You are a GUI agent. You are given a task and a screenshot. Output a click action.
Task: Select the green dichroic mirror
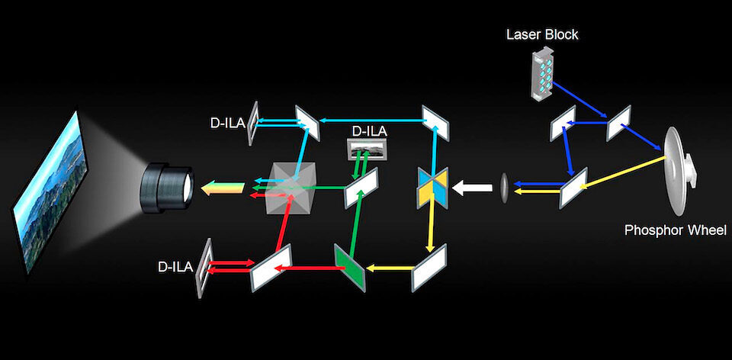click(350, 267)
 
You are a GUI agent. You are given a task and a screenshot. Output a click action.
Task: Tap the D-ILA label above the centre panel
click(368, 132)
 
